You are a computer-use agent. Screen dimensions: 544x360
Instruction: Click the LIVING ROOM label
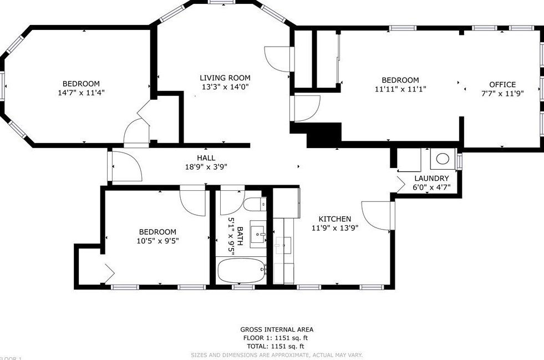click(x=225, y=78)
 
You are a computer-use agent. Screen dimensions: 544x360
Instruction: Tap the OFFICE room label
click(x=502, y=84)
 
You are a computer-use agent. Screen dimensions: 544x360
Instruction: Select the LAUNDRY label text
click(x=431, y=179)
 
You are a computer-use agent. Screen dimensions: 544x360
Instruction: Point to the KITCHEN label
click(x=335, y=219)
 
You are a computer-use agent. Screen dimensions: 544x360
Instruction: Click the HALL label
click(x=206, y=158)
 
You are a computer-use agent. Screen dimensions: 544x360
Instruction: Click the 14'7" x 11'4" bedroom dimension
click(x=81, y=93)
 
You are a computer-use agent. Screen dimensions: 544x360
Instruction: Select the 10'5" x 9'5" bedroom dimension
click(x=157, y=241)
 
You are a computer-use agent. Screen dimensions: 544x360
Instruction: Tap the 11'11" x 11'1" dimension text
click(x=400, y=89)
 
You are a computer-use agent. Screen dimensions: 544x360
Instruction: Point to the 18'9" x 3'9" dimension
click(x=206, y=167)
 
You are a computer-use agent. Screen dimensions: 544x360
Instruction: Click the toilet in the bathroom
click(x=255, y=204)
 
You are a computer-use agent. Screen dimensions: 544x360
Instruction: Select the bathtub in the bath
click(x=242, y=271)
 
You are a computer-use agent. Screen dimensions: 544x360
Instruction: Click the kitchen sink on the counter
click(x=283, y=245)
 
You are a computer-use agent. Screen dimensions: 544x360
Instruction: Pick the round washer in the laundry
click(x=443, y=159)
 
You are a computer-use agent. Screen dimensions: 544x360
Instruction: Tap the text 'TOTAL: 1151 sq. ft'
click(x=276, y=346)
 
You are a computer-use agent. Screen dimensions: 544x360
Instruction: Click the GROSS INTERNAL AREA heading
click(x=277, y=329)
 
